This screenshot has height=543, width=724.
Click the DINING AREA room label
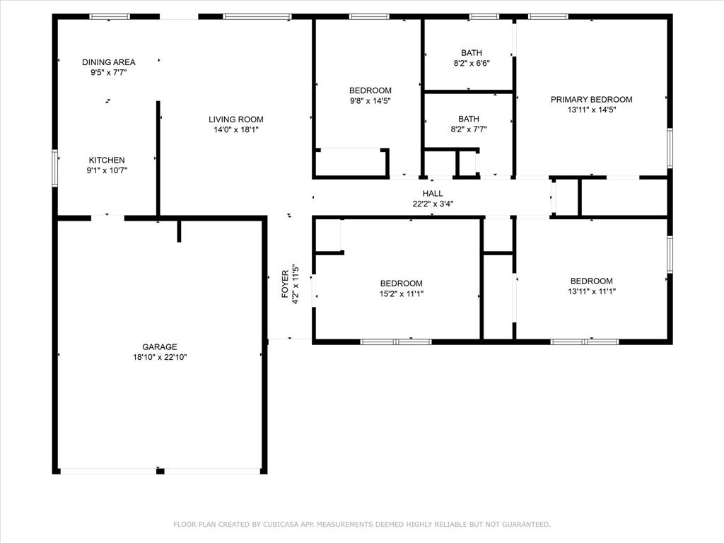tap(108, 62)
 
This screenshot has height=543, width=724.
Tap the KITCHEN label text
tap(107, 160)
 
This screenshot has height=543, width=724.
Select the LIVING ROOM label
tap(235, 119)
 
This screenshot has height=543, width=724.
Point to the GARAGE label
tap(160, 347)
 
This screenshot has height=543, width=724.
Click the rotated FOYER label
tap(286, 284)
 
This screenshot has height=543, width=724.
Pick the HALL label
tap(433, 194)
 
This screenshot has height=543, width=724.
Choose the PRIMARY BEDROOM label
tap(591, 100)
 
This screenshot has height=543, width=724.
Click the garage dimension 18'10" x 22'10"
tap(160, 358)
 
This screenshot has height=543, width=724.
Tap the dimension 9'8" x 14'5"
tap(370, 101)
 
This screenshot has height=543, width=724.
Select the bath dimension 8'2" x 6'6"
tap(471, 63)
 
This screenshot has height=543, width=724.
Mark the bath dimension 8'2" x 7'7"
tap(468, 129)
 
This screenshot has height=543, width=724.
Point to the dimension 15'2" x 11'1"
tap(401, 294)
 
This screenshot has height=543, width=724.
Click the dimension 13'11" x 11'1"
tap(591, 291)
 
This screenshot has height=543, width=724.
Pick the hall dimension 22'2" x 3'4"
tap(433, 204)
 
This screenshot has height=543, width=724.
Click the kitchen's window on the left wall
tap(55, 168)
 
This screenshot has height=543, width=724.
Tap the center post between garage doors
tap(160, 471)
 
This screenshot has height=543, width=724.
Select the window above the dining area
tap(110, 16)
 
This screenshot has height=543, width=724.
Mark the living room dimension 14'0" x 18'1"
tap(235, 130)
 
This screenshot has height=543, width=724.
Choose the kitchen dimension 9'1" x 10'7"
tap(107, 170)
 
